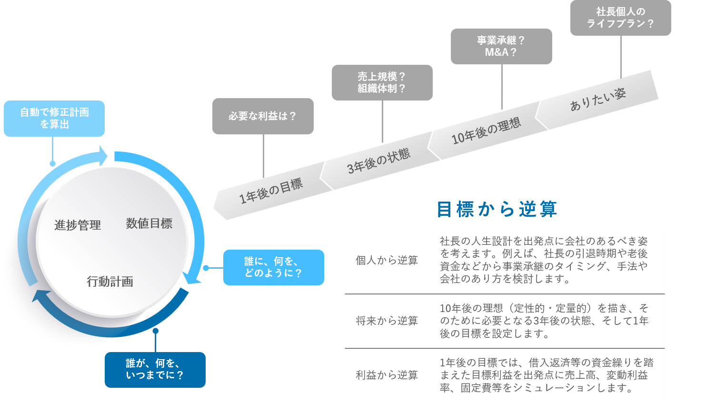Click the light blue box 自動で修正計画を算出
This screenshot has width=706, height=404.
click(x=54, y=118)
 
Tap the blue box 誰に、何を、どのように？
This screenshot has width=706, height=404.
click(x=273, y=267)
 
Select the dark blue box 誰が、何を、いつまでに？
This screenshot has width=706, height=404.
click(x=155, y=370)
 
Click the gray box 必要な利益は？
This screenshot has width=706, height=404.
click(x=263, y=116)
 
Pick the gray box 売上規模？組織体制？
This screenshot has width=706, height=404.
click(x=382, y=82)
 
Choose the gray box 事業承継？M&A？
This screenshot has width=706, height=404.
click(x=501, y=46)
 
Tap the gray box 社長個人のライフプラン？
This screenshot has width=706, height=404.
click(x=620, y=18)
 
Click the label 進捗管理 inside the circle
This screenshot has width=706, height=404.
click(x=78, y=225)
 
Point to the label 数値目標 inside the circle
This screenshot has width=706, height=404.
click(x=149, y=223)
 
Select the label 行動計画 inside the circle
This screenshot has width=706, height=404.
click(x=110, y=282)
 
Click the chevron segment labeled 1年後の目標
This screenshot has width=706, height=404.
click(x=270, y=191)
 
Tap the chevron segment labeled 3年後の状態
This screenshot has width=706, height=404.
click(x=378, y=161)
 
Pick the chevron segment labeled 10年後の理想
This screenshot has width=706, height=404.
click(x=486, y=131)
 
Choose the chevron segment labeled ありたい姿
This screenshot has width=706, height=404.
click(x=598, y=100)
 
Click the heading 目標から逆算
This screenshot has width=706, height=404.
click(x=497, y=209)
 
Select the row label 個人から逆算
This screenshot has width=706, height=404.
click(x=387, y=260)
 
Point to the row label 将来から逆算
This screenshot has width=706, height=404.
click(x=387, y=321)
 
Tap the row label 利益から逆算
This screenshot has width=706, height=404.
click(x=387, y=375)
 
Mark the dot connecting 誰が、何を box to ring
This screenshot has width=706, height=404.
click(x=155, y=331)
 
